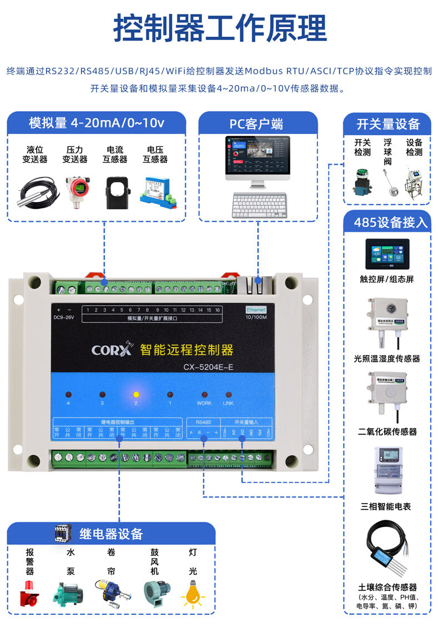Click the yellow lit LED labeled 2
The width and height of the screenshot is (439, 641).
point(135,394)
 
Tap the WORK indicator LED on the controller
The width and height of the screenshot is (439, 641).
point(204,394)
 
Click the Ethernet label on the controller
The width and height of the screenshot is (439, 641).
point(256,309)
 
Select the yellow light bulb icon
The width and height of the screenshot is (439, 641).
point(192,594)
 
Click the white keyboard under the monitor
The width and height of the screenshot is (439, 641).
point(259,205)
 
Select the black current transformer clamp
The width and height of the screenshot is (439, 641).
point(117,192)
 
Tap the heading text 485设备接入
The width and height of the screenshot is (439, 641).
point(391,222)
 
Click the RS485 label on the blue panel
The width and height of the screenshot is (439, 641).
point(203,422)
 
